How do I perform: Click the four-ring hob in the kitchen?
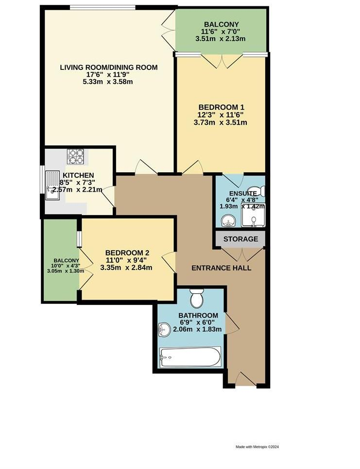[x=75, y=156]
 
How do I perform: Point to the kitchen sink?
[x=52, y=187]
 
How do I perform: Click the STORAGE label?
[x=240, y=239]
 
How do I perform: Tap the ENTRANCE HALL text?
[x=221, y=268]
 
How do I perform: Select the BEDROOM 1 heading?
[x=221, y=107]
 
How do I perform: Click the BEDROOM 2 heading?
[x=127, y=252]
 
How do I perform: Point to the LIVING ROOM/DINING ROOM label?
[x=109, y=67]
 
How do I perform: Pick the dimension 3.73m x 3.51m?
[x=221, y=122]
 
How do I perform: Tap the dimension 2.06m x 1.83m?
[x=197, y=329]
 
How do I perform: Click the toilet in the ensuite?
[x=255, y=190]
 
